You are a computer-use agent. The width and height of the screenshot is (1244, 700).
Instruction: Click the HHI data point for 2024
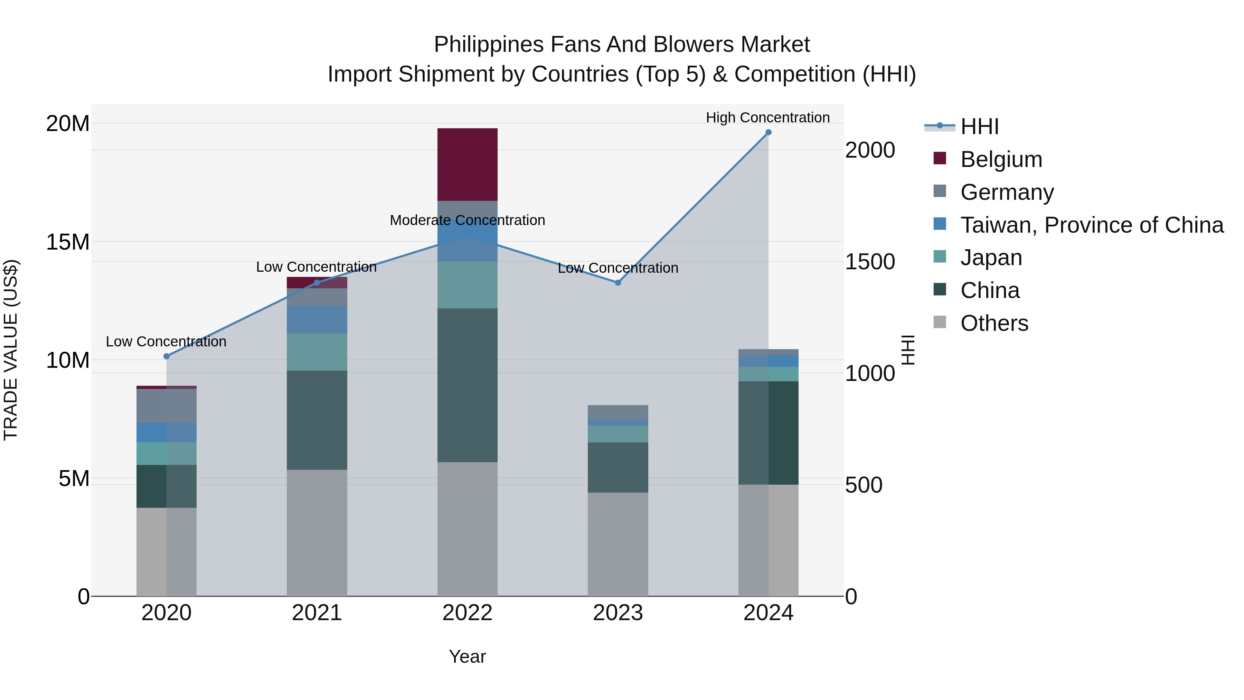(768, 132)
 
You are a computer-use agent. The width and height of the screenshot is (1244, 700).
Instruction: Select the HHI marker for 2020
(167, 356)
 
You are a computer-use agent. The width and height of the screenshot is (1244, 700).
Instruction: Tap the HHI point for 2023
(618, 283)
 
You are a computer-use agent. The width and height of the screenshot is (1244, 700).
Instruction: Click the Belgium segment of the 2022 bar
(467, 164)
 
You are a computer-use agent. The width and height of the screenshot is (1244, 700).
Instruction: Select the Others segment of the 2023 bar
(618, 544)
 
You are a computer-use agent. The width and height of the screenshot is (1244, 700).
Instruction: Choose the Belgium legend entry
(1001, 159)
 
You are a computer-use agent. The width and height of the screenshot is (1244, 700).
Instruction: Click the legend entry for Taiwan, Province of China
(1091, 225)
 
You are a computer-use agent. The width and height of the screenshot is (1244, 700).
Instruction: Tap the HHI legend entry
(979, 127)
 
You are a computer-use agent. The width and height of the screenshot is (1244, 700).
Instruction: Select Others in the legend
(994, 323)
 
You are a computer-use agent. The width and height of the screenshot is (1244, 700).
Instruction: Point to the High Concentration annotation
(768, 118)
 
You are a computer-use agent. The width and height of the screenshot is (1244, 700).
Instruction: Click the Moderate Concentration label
(467, 220)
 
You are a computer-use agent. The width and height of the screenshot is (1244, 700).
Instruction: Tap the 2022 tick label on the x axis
(467, 613)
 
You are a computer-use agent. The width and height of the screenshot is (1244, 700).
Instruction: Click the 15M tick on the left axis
(68, 242)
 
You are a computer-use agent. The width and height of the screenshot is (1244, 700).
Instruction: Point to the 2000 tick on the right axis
(870, 150)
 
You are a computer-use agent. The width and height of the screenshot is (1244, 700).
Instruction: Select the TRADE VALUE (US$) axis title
(11, 350)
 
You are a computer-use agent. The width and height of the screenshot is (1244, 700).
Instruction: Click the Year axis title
(467, 656)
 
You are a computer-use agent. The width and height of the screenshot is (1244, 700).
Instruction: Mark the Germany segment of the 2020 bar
(167, 406)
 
